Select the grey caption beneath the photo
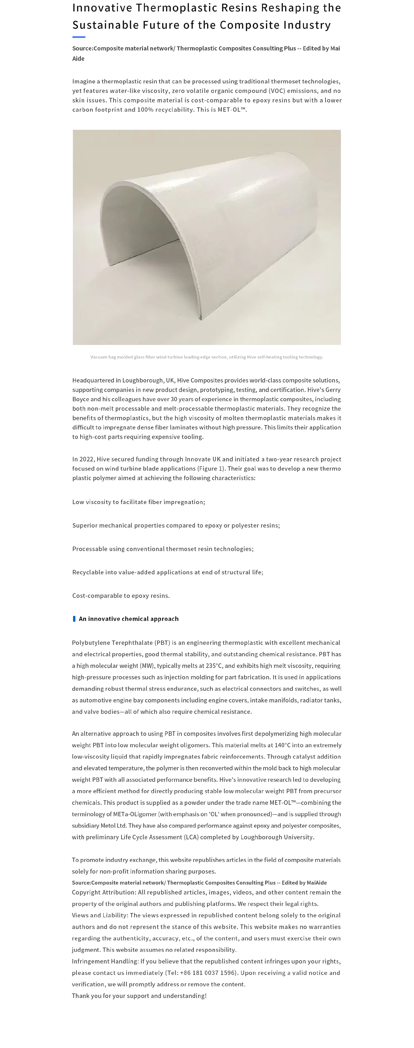coord(207,357)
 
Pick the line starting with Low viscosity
coord(138,502)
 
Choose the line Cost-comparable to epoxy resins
coord(121,596)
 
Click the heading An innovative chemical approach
coord(129,619)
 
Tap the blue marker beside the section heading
coord(74,619)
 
